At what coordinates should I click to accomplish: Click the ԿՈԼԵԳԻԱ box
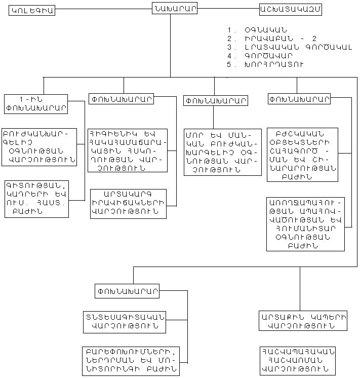tap(31, 10)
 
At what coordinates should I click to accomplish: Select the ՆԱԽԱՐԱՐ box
tap(174, 8)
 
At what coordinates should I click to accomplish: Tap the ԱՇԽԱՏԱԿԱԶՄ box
tap(290, 9)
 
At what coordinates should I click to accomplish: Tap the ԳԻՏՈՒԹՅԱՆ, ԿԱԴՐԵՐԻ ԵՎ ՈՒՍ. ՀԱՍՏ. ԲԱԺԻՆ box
tap(36, 199)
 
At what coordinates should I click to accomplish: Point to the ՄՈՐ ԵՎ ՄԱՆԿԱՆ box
tap(215, 150)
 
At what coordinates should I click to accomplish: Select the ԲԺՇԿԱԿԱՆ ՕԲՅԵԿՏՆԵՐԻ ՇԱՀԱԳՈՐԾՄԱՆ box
tap(302, 154)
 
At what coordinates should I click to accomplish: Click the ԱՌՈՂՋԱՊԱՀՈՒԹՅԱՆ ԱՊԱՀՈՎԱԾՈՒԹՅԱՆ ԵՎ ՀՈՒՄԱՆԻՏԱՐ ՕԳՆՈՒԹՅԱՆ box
tap(305, 224)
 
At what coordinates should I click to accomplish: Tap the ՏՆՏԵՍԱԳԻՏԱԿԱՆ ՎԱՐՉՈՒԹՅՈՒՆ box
tap(125, 322)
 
